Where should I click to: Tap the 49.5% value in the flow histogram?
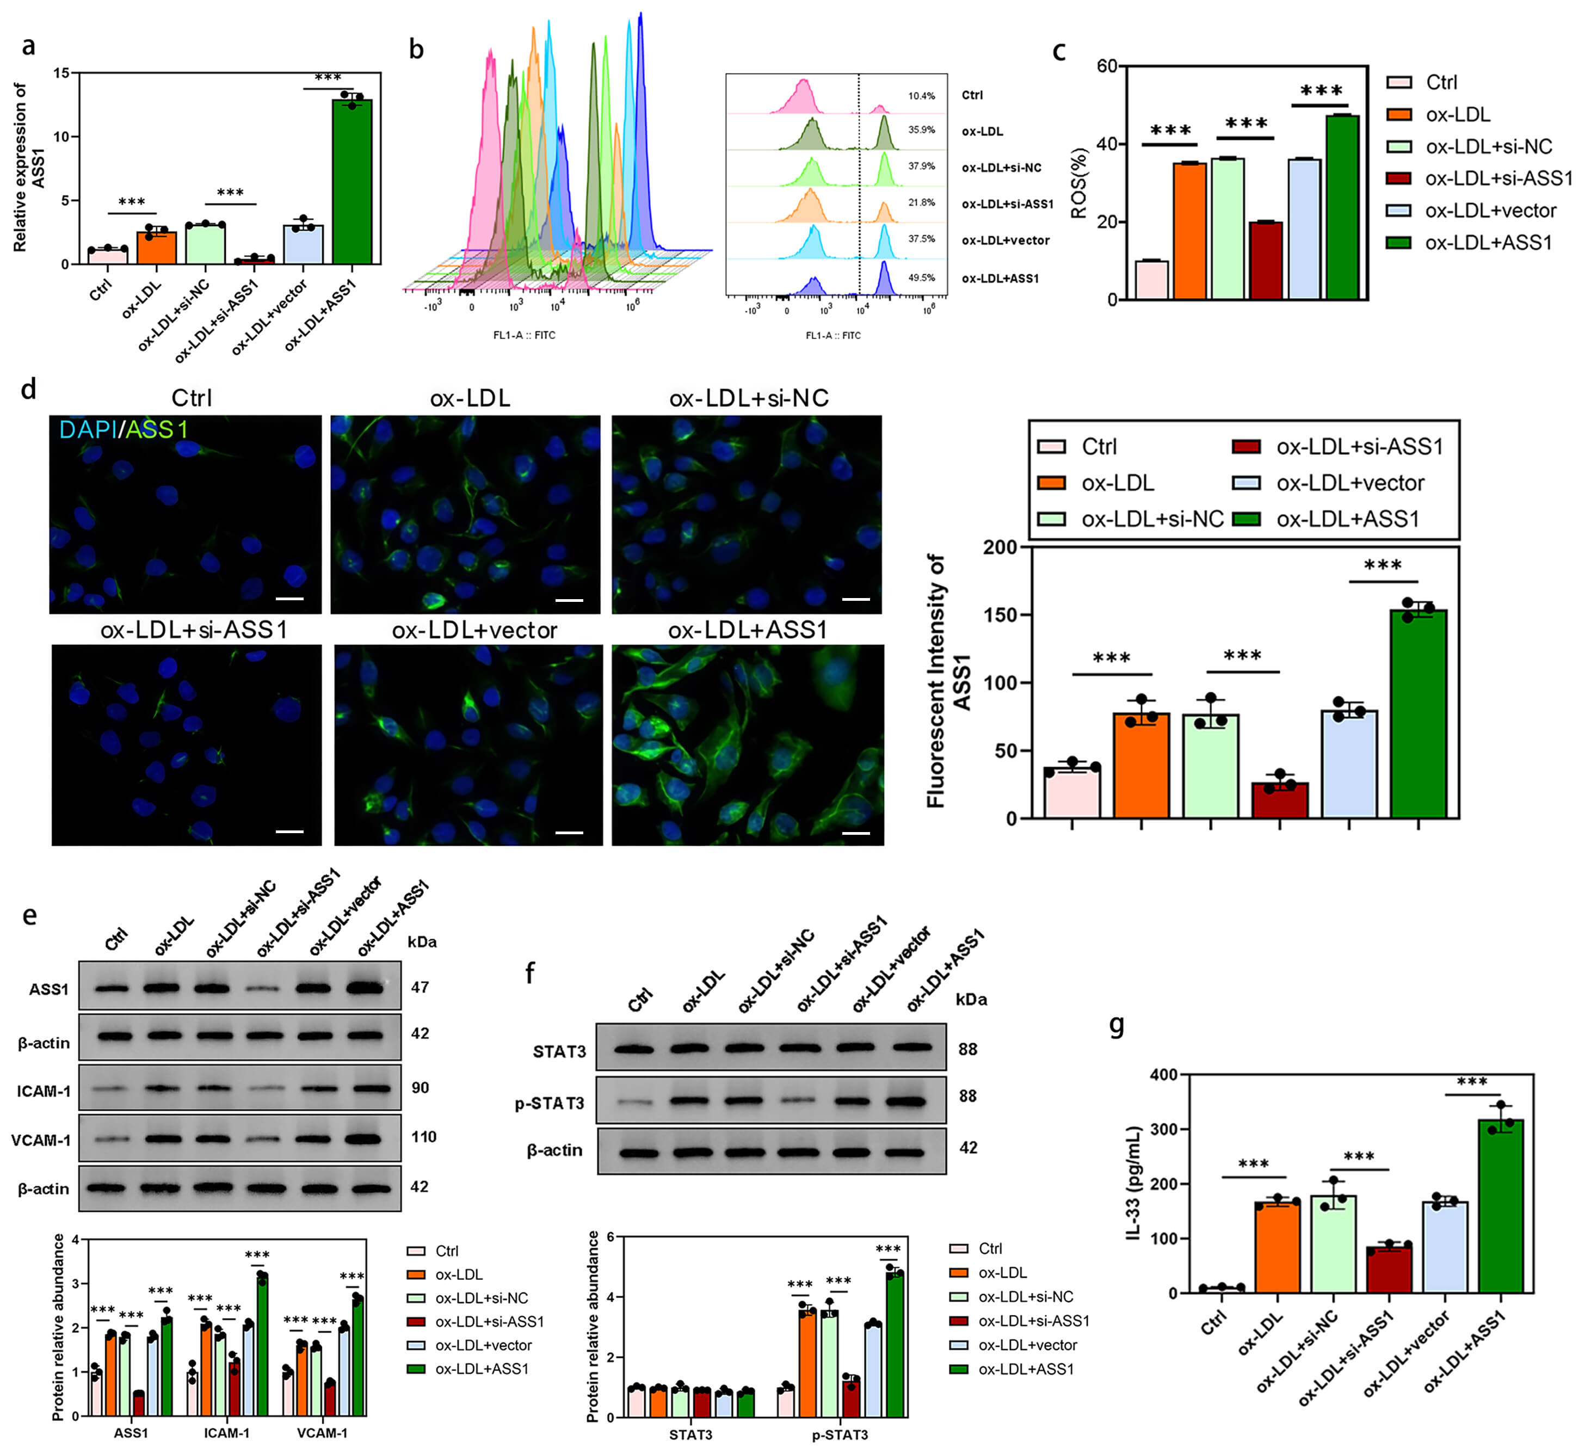pyautogui.click(x=921, y=278)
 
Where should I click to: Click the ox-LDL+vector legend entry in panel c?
pyautogui.click(x=1489, y=211)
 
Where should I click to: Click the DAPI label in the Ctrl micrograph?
pyautogui.click(x=87, y=429)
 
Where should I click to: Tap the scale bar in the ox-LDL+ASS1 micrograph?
pyautogui.click(x=856, y=832)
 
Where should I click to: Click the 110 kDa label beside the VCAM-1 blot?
pyautogui.click(x=423, y=1136)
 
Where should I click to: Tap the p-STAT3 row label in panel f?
pyautogui.click(x=550, y=1103)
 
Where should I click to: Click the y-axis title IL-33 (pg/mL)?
pyautogui.click(x=1134, y=1184)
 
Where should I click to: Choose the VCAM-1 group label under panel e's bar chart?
pyautogui.click(x=322, y=1433)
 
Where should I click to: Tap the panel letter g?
pyautogui.click(x=1117, y=1025)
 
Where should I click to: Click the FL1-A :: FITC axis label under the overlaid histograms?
pyautogui.click(x=525, y=335)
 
